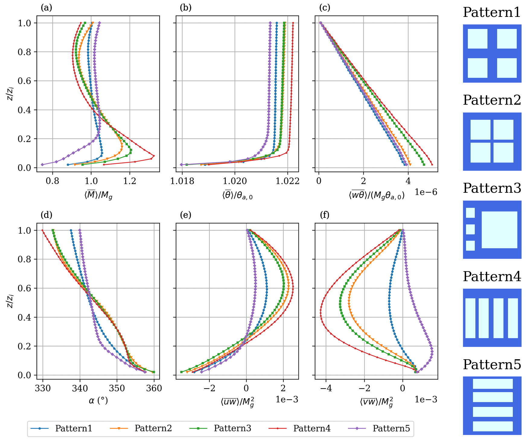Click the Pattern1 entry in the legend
(x=73, y=428)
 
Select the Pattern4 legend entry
(x=312, y=428)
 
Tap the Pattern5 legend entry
(x=391, y=428)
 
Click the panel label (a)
(x=46, y=8)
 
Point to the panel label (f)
(x=325, y=215)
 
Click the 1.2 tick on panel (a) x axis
(x=130, y=181)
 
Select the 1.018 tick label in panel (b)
(x=182, y=181)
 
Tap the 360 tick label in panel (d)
(x=154, y=388)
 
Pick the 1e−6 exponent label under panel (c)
(x=426, y=192)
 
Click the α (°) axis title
(x=98, y=401)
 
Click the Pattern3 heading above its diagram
(x=492, y=188)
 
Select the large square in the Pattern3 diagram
(x=499, y=230)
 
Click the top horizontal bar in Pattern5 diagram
(x=493, y=384)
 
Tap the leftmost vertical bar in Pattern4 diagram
(x=470, y=318)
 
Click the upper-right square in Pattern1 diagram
(x=507, y=39)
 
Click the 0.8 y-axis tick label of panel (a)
(x=24, y=52)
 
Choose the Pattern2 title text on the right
(x=492, y=100)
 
